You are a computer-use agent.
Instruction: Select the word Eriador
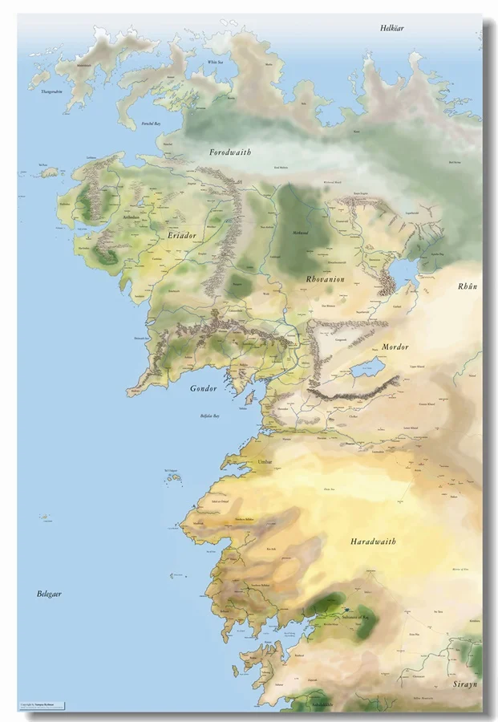tap(182, 236)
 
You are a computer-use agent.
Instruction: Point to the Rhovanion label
tap(326, 278)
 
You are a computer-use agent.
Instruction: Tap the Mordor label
tap(395, 347)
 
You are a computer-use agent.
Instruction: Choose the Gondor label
tap(204, 388)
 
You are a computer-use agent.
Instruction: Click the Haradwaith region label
tap(373, 541)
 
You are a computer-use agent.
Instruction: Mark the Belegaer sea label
tap(50, 594)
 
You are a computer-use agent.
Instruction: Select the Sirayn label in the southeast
tap(464, 684)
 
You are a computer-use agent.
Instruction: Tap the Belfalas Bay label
tap(211, 416)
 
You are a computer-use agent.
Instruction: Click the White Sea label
tap(214, 62)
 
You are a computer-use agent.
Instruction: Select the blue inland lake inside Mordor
tap(368, 368)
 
